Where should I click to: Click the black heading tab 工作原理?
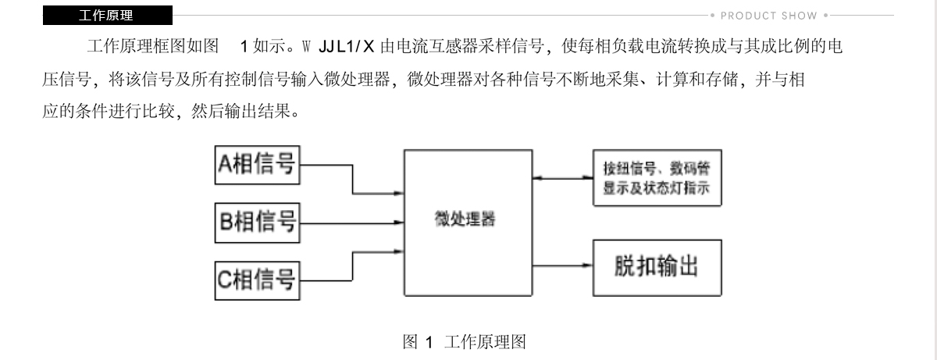[108, 16]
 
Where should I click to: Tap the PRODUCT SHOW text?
[769, 16]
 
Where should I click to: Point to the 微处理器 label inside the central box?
[465, 219]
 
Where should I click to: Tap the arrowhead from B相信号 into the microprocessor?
[398, 223]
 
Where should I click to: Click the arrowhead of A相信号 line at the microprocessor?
[398, 193]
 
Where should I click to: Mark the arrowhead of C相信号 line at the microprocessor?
[398, 251]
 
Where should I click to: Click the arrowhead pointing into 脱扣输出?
[587, 265]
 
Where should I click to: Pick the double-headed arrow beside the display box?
[563, 178]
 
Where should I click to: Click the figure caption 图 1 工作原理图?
[465, 342]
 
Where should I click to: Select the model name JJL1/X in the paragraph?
[346, 46]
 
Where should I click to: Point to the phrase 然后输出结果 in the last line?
[240, 111]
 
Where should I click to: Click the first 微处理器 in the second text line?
[357, 79]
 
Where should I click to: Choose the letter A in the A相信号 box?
[225, 163]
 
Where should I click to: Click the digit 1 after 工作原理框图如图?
[244, 46]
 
